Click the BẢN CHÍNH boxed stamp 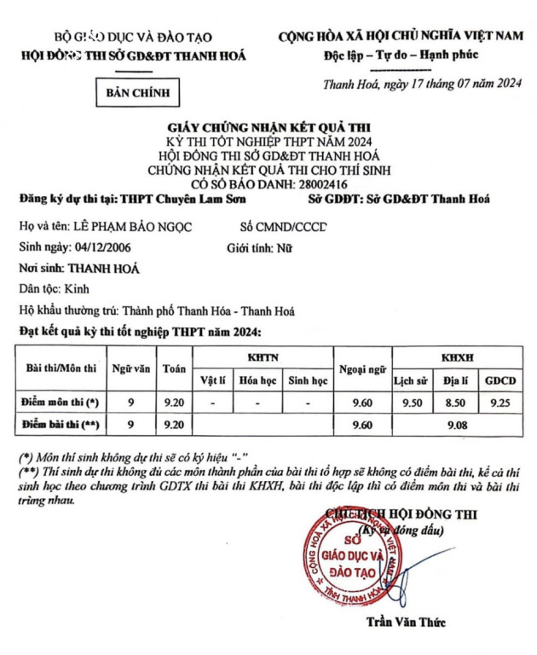click(x=138, y=91)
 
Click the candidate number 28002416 click(x=318, y=183)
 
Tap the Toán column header click(x=175, y=368)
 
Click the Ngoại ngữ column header click(x=362, y=368)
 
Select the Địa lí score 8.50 click(x=456, y=401)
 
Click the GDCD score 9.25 click(x=500, y=401)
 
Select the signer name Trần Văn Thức click(x=405, y=622)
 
